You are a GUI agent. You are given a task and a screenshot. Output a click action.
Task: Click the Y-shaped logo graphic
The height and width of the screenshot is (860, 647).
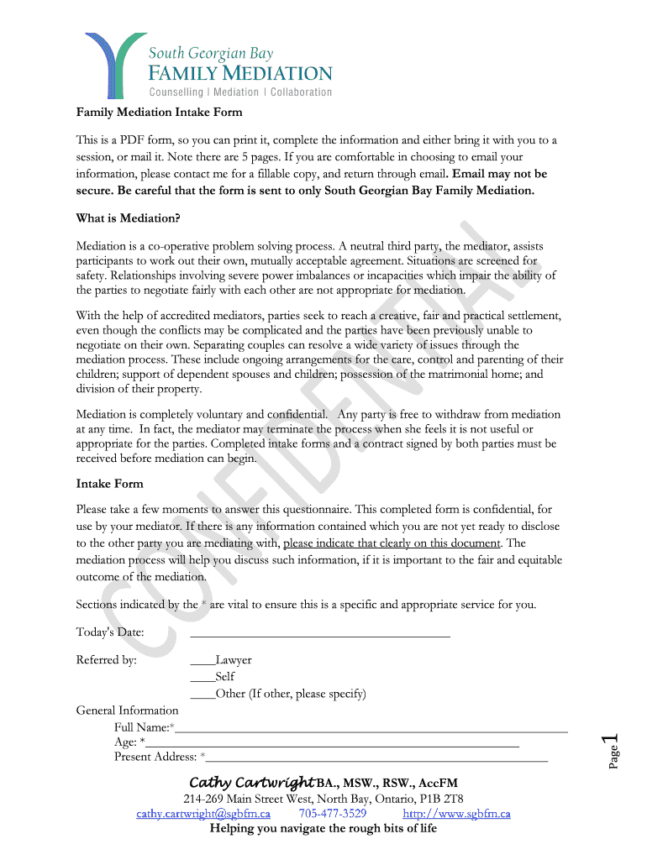click(x=109, y=66)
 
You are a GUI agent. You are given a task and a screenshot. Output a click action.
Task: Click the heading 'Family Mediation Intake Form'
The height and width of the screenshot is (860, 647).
click(x=159, y=112)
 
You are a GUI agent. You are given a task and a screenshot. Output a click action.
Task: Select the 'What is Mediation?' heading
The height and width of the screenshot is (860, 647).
click(x=128, y=218)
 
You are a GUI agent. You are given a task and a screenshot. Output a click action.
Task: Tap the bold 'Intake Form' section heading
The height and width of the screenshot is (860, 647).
click(x=109, y=484)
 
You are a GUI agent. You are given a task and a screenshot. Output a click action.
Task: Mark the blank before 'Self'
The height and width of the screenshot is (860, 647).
click(x=203, y=678)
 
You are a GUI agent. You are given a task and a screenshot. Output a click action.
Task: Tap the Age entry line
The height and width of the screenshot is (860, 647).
click(x=332, y=743)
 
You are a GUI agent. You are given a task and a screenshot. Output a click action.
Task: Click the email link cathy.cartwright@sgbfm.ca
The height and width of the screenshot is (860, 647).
click(x=203, y=814)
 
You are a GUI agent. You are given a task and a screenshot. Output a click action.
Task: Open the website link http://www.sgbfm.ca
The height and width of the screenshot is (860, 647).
click(x=456, y=814)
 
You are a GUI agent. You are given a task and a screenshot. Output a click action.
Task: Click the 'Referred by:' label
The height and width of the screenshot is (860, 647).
click(x=106, y=660)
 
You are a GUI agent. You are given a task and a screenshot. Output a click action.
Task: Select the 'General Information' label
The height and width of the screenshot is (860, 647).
click(x=127, y=711)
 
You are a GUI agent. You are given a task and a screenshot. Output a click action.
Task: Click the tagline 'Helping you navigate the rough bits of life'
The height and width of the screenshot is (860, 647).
click(x=323, y=829)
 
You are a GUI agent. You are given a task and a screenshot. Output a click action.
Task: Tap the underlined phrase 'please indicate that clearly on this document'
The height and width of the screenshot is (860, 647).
click(x=392, y=543)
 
